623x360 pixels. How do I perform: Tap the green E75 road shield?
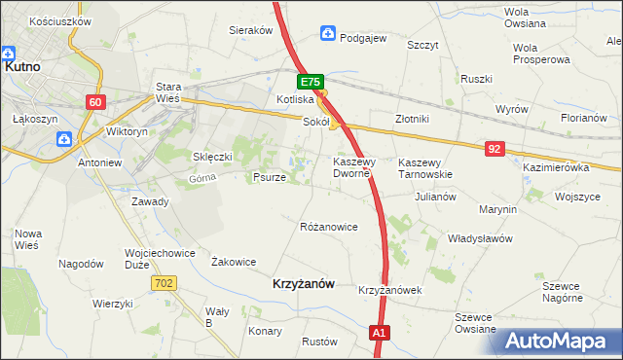(x=311, y=84)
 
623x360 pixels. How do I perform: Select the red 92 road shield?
(x=495, y=148)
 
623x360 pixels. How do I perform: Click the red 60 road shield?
(x=94, y=102)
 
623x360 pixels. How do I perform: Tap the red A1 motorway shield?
(x=381, y=334)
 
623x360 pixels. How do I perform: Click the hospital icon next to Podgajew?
(x=329, y=36)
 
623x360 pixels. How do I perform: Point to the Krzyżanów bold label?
(x=301, y=283)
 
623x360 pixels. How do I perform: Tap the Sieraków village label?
(x=250, y=30)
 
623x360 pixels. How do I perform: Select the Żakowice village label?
(x=234, y=262)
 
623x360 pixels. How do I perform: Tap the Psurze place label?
(x=269, y=178)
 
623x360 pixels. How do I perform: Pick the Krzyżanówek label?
(x=388, y=291)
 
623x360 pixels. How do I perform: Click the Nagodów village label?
(x=81, y=264)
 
